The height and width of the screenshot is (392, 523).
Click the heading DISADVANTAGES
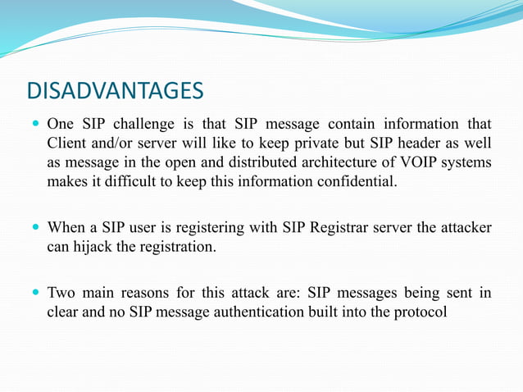click(x=114, y=89)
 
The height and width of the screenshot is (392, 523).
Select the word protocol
click(x=419, y=311)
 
